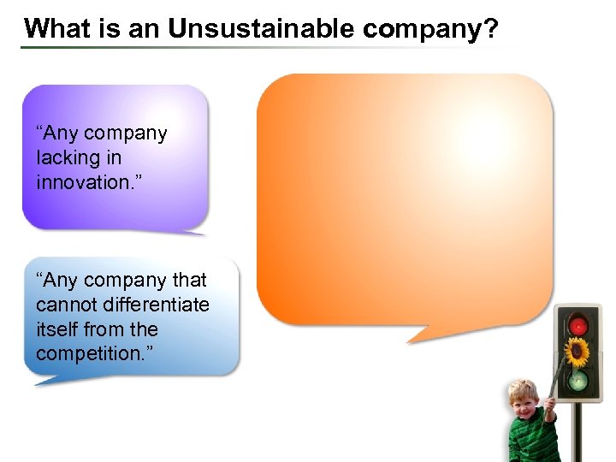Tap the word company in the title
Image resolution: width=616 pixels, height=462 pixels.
tap(423, 30)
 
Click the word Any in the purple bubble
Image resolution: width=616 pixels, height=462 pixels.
tap(60, 133)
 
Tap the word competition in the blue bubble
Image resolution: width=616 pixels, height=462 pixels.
tap(83, 353)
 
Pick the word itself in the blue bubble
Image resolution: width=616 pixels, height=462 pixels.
tap(56, 329)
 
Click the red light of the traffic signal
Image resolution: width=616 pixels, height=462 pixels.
tap(579, 326)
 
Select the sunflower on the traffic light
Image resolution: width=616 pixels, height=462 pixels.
tap(578, 352)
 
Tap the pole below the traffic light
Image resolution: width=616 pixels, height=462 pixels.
tap(578, 432)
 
